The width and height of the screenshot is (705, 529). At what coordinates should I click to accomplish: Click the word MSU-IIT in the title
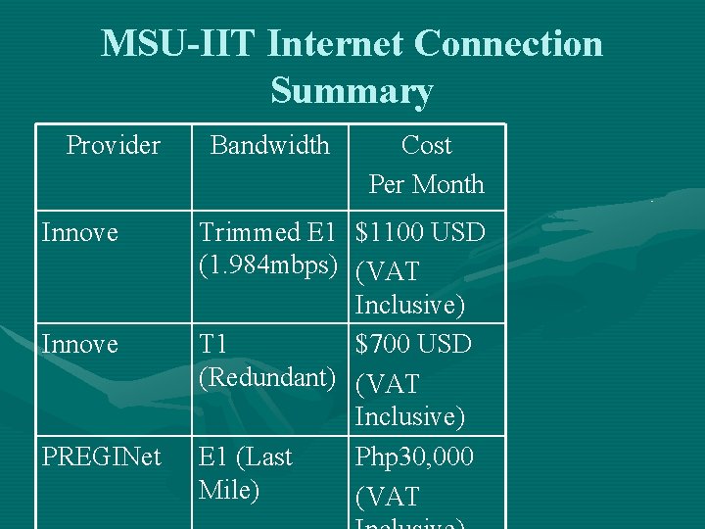(178, 44)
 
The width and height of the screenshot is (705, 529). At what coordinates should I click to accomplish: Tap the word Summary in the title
(352, 91)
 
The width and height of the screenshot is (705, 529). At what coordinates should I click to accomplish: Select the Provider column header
(113, 146)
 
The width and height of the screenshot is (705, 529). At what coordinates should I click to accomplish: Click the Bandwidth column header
(270, 146)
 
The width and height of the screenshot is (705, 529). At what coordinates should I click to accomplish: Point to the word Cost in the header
(426, 146)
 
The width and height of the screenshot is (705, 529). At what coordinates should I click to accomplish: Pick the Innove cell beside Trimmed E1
(79, 233)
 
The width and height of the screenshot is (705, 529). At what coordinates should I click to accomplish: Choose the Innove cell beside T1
(79, 345)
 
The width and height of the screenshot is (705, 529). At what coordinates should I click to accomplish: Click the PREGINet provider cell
(101, 457)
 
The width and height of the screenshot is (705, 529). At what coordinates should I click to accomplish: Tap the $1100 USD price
(420, 233)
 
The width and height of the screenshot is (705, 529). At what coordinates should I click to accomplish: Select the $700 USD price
(413, 345)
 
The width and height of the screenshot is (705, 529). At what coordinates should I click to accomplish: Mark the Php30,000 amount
(414, 457)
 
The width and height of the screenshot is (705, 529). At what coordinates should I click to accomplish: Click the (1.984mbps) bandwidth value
(269, 266)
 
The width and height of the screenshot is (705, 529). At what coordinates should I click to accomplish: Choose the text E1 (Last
(246, 457)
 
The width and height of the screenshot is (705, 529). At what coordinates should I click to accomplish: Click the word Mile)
(229, 489)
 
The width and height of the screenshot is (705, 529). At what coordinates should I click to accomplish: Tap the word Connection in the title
(508, 44)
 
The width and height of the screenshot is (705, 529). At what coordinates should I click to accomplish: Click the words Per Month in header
(426, 184)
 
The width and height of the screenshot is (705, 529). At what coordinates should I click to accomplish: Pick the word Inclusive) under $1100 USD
(410, 306)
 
